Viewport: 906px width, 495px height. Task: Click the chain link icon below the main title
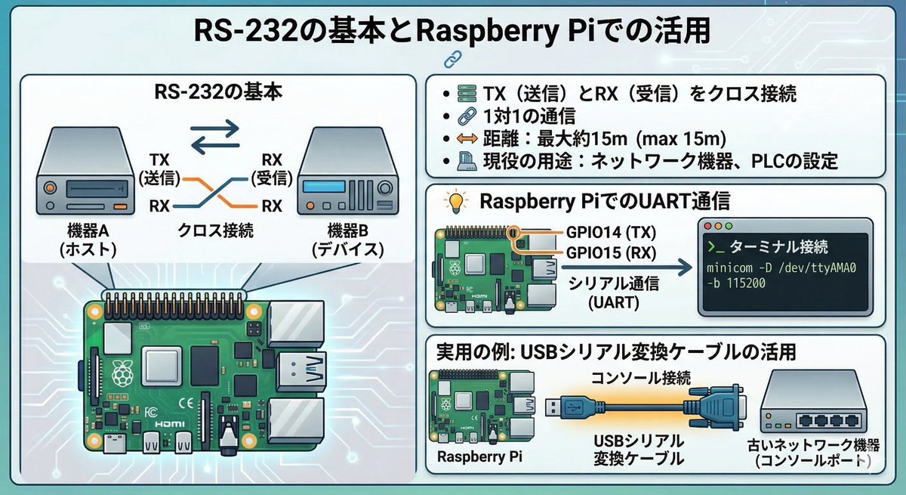tap(452, 59)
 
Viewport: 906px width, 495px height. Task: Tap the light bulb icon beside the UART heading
tap(456, 201)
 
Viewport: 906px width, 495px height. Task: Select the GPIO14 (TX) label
tap(611, 232)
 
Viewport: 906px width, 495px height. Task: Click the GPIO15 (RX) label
tap(611, 253)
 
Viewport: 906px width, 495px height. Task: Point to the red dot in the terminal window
tap(708, 226)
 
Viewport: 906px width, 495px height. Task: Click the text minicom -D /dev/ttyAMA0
tap(781, 268)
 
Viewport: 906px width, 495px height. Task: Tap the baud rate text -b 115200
tap(736, 283)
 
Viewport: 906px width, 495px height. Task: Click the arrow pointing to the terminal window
tap(627, 267)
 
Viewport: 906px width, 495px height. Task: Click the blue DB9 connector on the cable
tap(716, 407)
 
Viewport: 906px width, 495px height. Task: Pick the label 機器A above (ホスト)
tap(88, 231)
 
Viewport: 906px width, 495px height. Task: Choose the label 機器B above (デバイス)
tap(347, 231)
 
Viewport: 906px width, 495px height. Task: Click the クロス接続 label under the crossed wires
tap(215, 230)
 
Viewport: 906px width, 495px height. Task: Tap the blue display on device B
tap(324, 187)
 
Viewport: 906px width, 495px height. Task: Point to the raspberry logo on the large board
tap(122, 373)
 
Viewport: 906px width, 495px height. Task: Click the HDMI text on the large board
tap(171, 424)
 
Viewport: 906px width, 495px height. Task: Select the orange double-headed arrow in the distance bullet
tap(467, 139)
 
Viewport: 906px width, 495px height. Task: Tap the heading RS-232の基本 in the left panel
tap(218, 92)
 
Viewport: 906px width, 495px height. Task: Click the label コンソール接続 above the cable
tap(641, 378)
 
